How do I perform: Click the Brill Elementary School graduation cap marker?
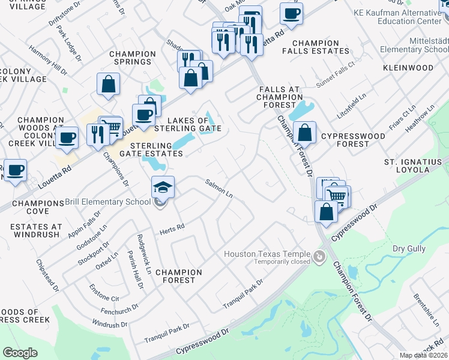[163, 187]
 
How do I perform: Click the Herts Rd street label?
[172, 228]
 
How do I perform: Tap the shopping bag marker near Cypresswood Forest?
[306, 133]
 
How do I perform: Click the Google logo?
[20, 352]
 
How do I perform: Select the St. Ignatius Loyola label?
[415, 166]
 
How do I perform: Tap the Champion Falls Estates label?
[316, 47]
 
